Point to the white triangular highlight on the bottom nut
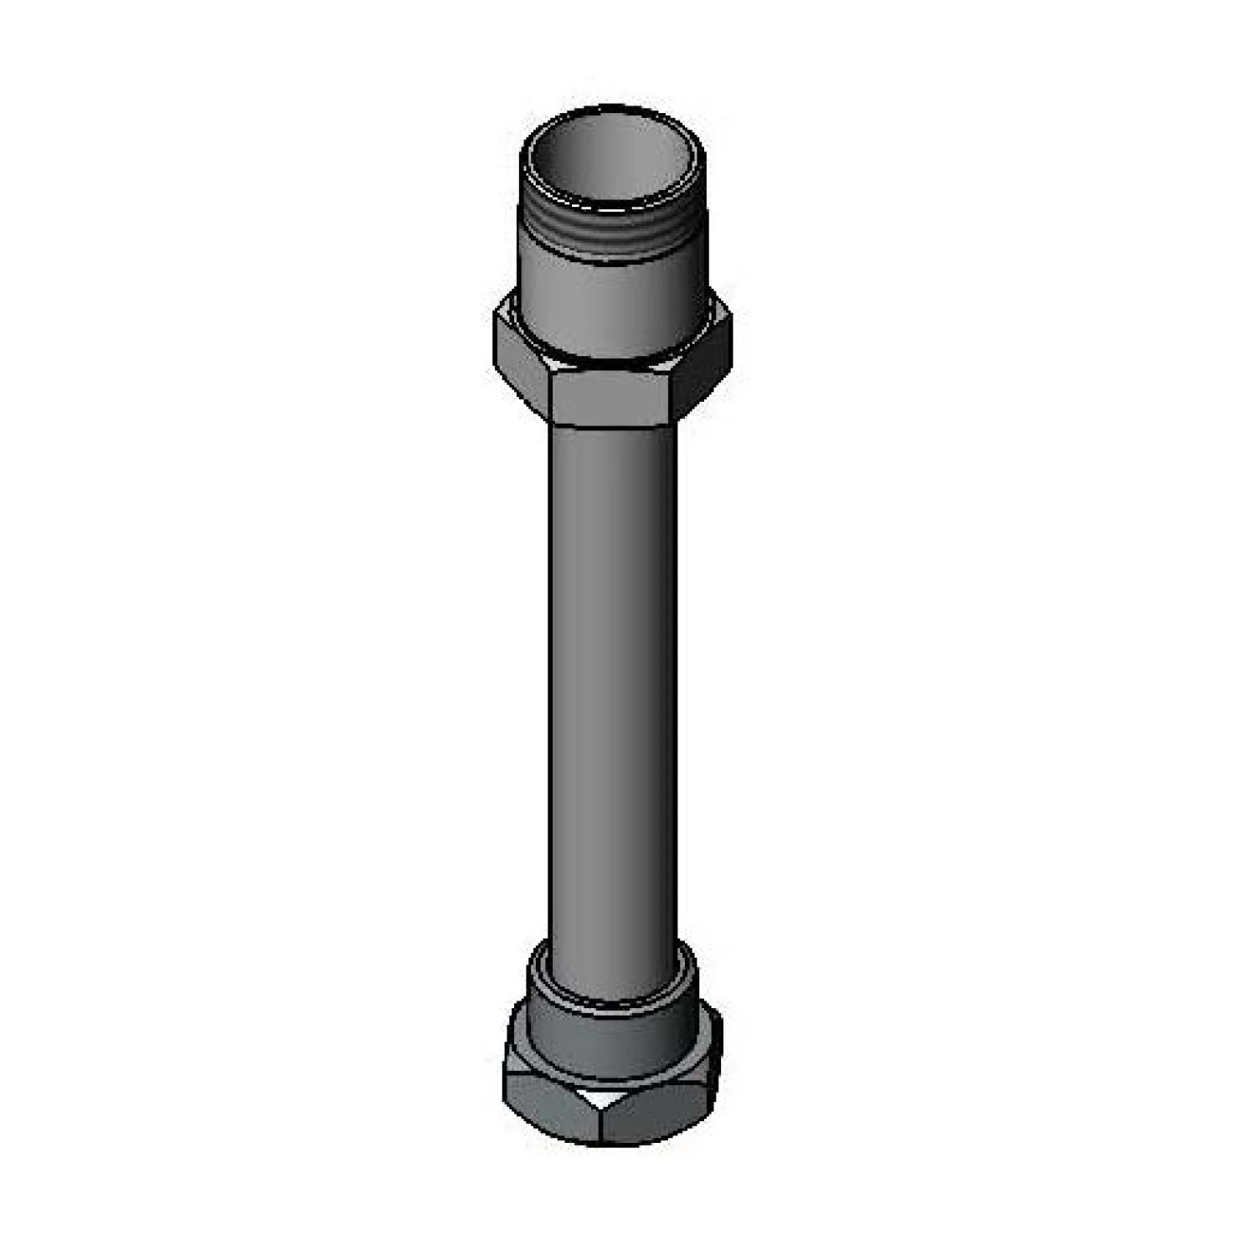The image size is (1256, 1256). coord(605,1099)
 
